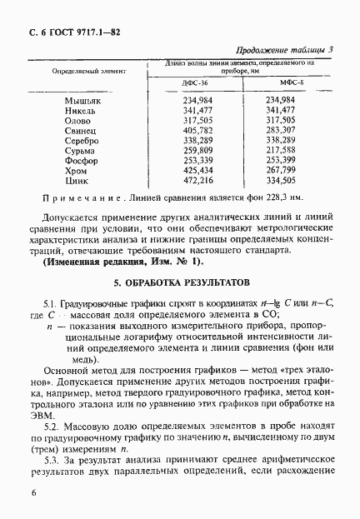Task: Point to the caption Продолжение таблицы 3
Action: pos(285,50)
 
